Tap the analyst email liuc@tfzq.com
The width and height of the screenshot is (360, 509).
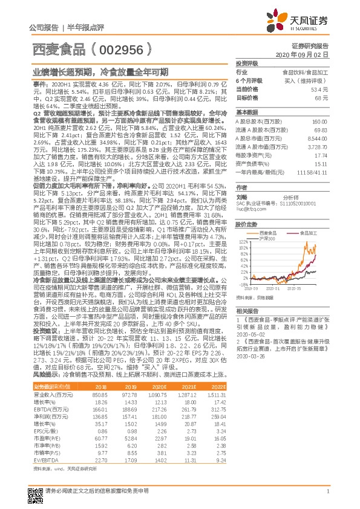(249, 209)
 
